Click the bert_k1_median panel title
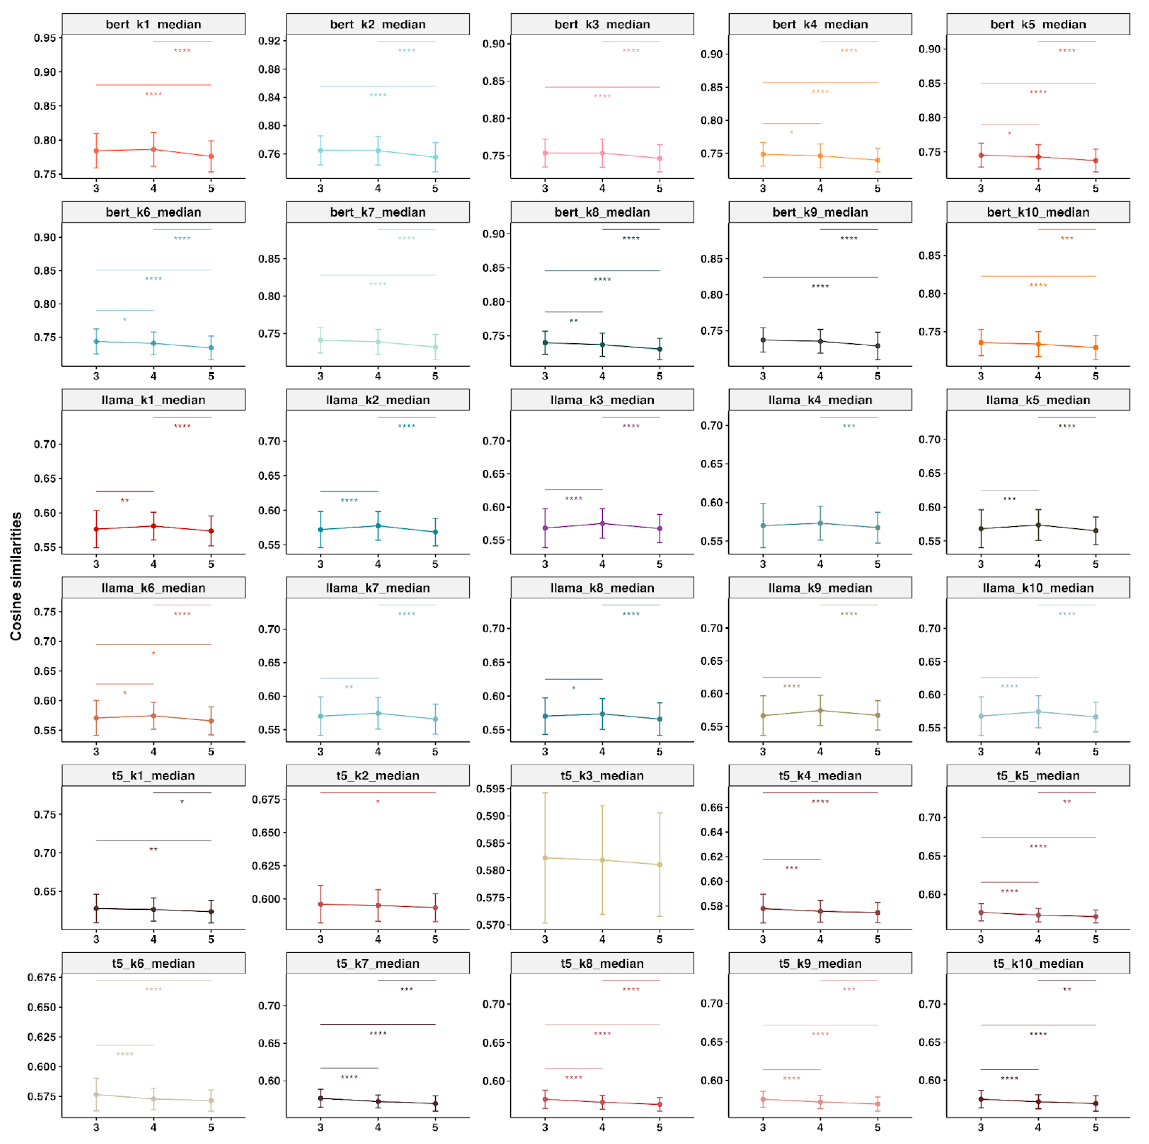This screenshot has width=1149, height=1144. [x=153, y=24]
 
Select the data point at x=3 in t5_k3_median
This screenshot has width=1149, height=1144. [x=545, y=858]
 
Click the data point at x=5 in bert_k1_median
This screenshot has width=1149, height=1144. [x=211, y=157]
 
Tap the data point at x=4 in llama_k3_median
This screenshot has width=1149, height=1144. [x=602, y=523]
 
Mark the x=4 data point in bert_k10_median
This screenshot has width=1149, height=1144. [x=1038, y=344]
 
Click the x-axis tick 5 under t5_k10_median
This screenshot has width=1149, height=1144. [x=1096, y=1127]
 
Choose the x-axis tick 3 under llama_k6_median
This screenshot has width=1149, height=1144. [x=96, y=751]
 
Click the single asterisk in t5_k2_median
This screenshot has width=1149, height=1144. [x=378, y=802]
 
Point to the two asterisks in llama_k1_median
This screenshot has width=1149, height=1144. [x=125, y=500]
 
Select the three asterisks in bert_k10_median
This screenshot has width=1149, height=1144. [x=1067, y=239]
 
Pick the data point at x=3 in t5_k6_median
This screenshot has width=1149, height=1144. [x=96, y=1095]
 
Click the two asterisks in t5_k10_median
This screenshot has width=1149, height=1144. [x=1067, y=989]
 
